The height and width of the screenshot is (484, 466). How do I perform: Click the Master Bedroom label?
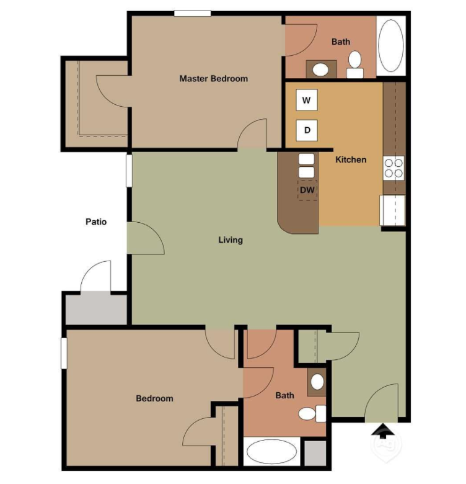pyautogui.click(x=213, y=79)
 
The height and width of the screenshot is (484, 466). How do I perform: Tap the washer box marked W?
pyautogui.click(x=307, y=100)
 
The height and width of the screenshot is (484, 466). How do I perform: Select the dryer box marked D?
pyautogui.click(x=307, y=131)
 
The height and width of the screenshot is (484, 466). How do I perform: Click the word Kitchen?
pyautogui.click(x=351, y=159)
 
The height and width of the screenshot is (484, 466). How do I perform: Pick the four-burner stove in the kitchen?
pyautogui.click(x=394, y=168)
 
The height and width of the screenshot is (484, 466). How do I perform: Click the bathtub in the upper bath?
pyautogui.click(x=390, y=47)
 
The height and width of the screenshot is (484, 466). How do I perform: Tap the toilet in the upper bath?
pyautogui.click(x=355, y=63)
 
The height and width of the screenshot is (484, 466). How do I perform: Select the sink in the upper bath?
pyautogui.click(x=321, y=69)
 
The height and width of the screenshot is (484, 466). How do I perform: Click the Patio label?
pyautogui.click(x=96, y=222)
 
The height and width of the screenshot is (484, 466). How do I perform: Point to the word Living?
pyautogui.click(x=231, y=240)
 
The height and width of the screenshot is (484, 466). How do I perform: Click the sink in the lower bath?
pyautogui.click(x=317, y=382)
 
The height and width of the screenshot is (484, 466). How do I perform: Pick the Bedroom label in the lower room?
pyautogui.click(x=154, y=398)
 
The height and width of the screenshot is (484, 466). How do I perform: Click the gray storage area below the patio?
pyautogui.click(x=96, y=309)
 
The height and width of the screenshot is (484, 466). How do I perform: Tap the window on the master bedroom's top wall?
pyautogui.click(x=192, y=14)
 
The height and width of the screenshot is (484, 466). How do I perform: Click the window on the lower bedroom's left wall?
pyautogui.click(x=64, y=354)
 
